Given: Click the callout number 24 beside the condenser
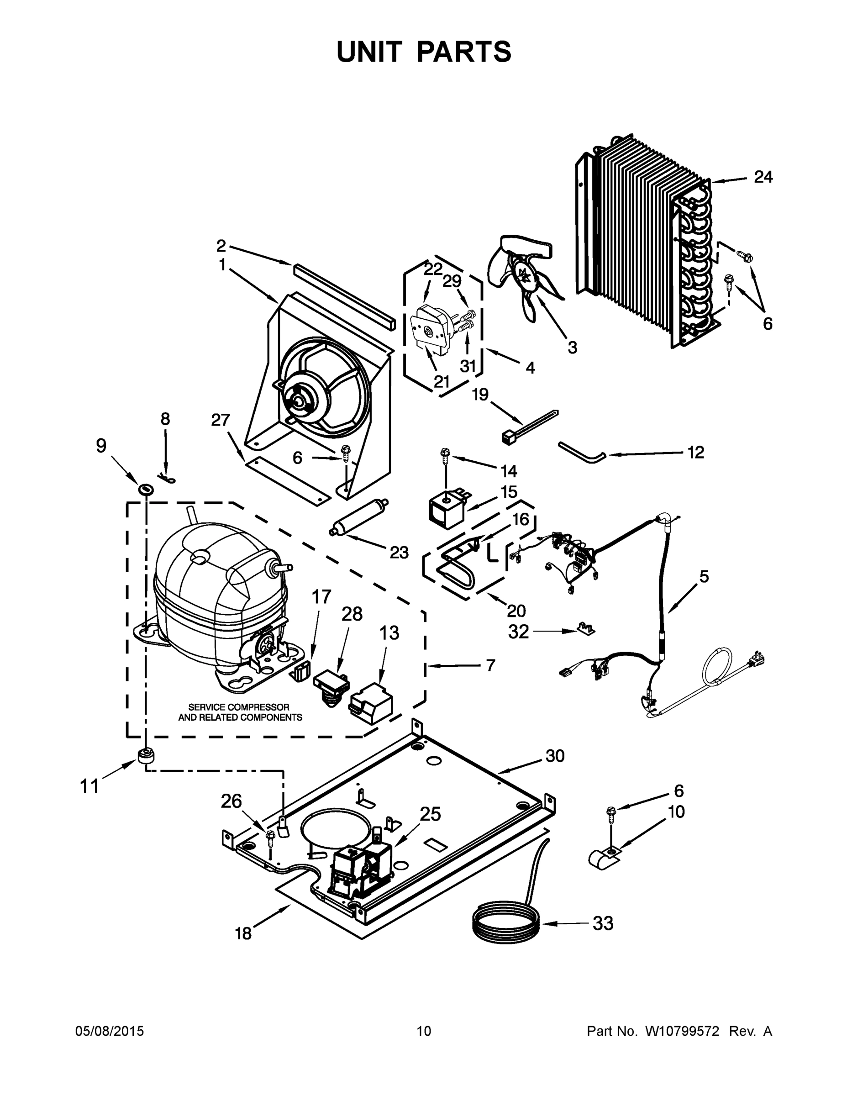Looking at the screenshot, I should click(763, 177).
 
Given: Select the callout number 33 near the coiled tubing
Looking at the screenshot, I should click(603, 923).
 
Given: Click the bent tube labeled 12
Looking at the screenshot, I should click(582, 452).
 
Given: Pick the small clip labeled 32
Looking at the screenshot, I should click(583, 628).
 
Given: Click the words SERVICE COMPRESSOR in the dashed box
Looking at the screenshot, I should click(239, 707).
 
